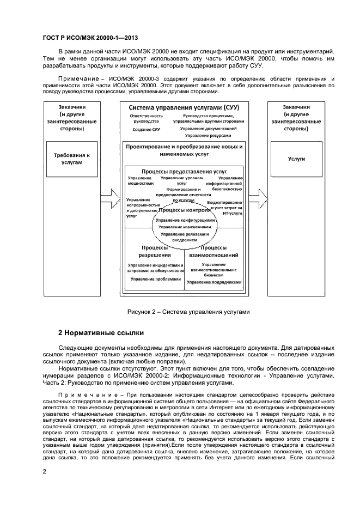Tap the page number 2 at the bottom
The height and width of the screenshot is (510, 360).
click(x=45, y=471)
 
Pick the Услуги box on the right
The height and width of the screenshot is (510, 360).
click(x=296, y=159)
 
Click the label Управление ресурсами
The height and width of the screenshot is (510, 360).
click(x=208, y=135)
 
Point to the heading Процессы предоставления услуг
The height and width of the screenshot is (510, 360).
click(x=184, y=171)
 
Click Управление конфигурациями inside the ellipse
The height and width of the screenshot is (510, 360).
click(x=185, y=220)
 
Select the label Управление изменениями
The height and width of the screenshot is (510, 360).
click(x=185, y=227)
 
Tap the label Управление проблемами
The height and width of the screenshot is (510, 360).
click(x=155, y=278)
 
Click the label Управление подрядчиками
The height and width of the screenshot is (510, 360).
click(x=214, y=282)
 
